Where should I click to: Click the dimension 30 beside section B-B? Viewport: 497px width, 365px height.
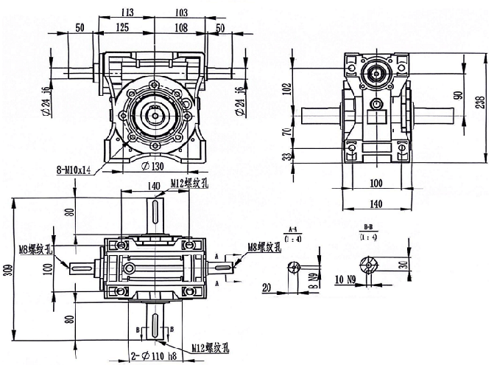pos(404,265)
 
